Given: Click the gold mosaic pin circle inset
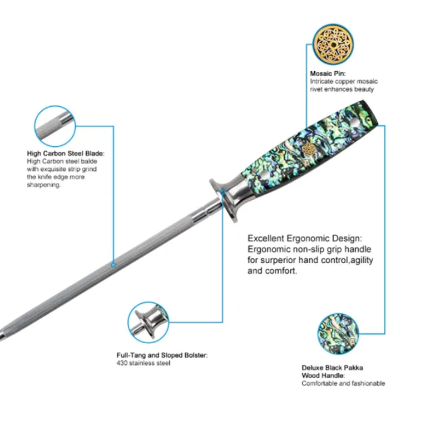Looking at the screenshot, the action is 333,45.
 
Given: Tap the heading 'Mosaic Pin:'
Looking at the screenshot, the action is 328,73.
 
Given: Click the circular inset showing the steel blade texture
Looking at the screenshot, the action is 55,126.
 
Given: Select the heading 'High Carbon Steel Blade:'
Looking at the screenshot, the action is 66,154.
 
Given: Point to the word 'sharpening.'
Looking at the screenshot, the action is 43,185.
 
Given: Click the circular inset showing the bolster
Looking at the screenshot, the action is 148,323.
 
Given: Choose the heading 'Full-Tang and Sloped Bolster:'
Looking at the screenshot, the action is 162,355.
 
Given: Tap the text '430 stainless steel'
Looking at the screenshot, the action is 144,363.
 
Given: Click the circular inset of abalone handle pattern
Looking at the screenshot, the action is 338,334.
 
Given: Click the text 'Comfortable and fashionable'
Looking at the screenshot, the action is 343,383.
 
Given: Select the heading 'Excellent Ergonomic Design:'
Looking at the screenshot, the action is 305,238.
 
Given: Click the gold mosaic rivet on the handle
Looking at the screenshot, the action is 308,150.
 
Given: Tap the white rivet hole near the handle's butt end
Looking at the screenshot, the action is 354,123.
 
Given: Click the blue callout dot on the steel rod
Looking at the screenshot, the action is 113,265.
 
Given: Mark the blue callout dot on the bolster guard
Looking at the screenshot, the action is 223,192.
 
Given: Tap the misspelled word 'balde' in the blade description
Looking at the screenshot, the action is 89,161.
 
